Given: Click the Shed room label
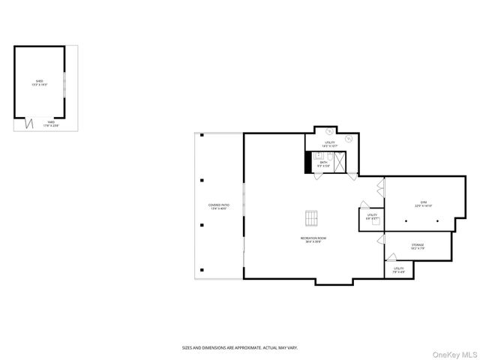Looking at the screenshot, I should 39,82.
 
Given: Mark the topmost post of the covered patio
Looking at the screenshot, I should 202,136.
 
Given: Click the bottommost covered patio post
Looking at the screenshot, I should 202,270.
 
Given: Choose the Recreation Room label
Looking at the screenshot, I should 313,240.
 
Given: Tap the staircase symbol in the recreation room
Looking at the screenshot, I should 311,217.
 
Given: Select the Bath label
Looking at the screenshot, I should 324,163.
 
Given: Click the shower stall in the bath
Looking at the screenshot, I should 340,162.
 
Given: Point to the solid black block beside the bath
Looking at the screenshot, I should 307,163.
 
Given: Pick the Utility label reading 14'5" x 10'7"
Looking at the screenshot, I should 330,143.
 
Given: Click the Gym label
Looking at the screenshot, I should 424,204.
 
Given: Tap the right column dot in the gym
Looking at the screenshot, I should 437,222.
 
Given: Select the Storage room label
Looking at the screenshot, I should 418,246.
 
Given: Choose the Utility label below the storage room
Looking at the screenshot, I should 399,269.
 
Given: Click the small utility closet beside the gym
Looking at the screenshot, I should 371,218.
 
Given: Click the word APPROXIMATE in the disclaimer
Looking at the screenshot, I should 241,347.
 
